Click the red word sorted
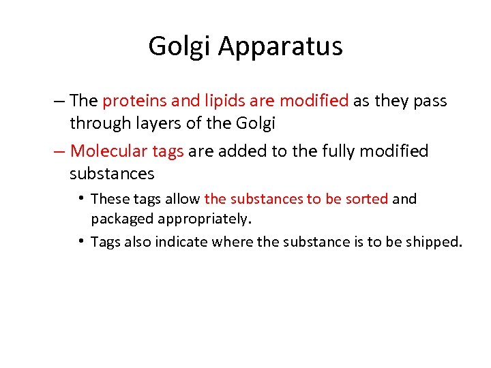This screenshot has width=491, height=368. click(368, 199)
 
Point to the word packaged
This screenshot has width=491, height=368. click(122, 219)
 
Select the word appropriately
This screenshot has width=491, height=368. click(205, 219)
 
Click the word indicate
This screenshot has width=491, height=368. click(184, 242)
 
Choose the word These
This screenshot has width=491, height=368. click(108, 199)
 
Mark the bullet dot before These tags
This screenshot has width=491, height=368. click(81, 198)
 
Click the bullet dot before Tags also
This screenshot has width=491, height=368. click(81, 241)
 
